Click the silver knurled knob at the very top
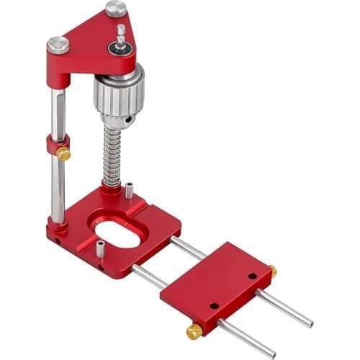(x=116, y=9)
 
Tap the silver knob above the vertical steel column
(x=58, y=45)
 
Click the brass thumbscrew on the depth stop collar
(x=64, y=153)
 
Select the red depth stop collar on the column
(x=55, y=144)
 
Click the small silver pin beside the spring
(x=129, y=190)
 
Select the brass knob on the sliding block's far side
(x=273, y=271)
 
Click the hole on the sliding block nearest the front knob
(x=214, y=305)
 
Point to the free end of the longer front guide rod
(x=272, y=354)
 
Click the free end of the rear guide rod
(x=309, y=323)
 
